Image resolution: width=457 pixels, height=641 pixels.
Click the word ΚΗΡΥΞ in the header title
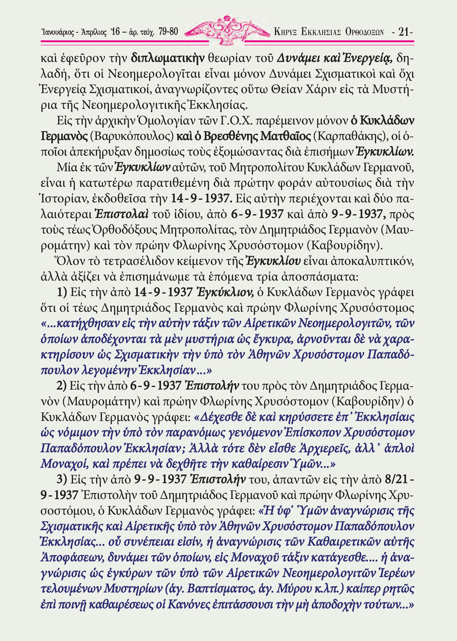[285, 32]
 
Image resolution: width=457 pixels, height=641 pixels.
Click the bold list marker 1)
[62, 292]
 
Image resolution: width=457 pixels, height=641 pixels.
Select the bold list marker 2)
[62, 386]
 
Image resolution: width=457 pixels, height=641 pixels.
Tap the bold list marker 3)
[62, 479]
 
